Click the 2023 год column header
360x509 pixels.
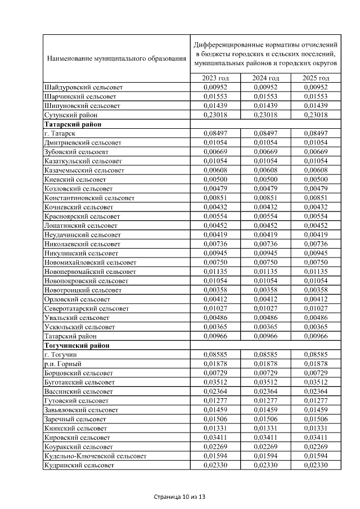tap(216, 78)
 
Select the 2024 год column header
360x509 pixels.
tap(266, 78)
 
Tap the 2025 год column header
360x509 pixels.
tap(316, 78)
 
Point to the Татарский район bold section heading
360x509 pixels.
tap(68, 124)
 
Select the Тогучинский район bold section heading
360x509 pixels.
tap(72, 345)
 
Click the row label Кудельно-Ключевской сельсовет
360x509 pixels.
tap(95, 456)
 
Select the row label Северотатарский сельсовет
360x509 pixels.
tap(87, 308)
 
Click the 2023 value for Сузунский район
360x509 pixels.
tap(216, 115)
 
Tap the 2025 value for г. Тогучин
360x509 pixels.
tap(316, 354)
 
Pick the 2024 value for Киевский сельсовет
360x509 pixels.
tap(266, 179)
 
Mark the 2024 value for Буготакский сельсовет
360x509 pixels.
tap(266, 382)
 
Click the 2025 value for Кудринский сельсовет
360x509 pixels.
tap(316, 465)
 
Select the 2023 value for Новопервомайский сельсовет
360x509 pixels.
tap(216, 271)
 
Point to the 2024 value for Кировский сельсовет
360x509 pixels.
tap(266, 437)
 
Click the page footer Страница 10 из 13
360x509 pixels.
tap(180, 497)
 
